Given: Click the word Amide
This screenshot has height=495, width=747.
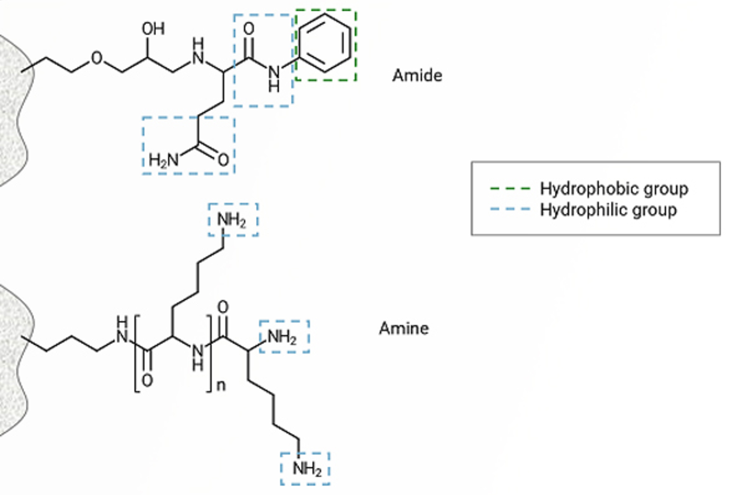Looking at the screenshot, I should coord(417,75).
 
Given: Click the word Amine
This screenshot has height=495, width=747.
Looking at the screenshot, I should coord(404,328).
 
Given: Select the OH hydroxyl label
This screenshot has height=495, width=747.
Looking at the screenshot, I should coord(153,29).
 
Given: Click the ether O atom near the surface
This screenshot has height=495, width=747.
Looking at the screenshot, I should coord(97,58).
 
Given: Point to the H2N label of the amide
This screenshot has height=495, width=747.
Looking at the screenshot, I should coord(163,160).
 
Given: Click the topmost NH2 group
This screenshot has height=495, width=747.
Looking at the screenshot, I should coord(232,219).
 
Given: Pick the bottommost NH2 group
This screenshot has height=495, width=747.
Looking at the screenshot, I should coord(307,468).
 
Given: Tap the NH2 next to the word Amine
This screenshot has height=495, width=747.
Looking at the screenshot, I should coord(282,336).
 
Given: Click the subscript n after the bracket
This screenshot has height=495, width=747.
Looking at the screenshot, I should coord(221,386).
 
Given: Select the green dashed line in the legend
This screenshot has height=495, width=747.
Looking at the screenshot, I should coord(510,189).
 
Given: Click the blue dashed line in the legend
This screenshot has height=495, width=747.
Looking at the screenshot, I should coord(510,209).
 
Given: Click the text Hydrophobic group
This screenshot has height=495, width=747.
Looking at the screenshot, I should coord(614,189).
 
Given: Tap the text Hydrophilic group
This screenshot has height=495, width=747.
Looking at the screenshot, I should coord(608,210).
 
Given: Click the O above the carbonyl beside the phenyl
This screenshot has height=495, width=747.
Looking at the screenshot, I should coord(249,29).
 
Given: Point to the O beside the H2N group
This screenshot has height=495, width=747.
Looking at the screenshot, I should coord(223,160).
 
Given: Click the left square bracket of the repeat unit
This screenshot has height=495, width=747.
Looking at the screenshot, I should coord(137,354).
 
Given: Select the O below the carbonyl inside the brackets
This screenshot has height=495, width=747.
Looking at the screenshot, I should coord(147,380).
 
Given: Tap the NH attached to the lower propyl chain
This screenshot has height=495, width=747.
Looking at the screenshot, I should coord(122,331).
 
